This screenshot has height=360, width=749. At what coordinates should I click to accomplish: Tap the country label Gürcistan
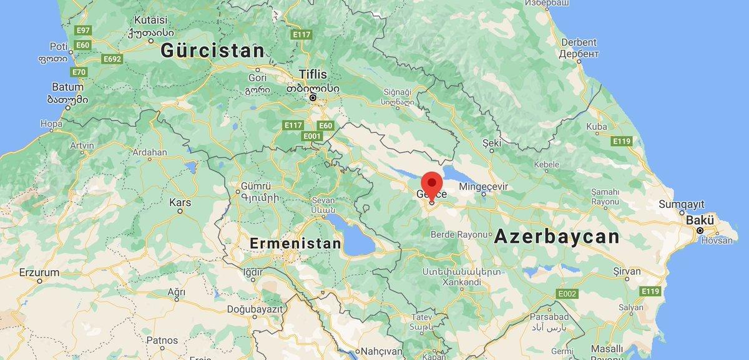point(212,51)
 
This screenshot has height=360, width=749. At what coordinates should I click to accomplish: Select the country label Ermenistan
point(295,243)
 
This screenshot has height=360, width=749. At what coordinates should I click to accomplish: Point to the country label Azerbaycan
point(557,237)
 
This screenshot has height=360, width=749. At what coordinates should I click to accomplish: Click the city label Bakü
point(699,221)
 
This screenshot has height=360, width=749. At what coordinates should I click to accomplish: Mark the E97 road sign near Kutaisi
point(82,30)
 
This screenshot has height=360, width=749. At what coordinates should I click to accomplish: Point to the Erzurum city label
point(39,273)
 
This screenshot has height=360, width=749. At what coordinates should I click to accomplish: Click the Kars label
point(180,203)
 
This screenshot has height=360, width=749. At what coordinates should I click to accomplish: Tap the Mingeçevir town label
point(485,187)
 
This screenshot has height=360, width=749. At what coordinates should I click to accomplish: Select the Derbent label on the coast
point(578,42)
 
